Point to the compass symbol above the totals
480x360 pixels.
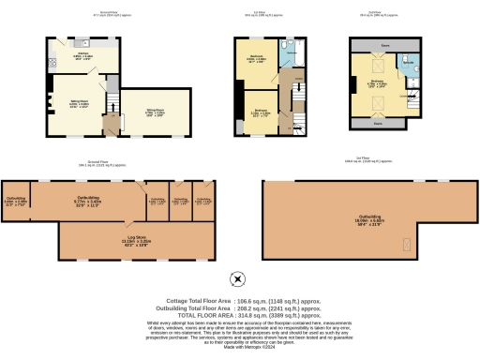click(238, 277)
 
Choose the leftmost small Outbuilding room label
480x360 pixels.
click(16, 199)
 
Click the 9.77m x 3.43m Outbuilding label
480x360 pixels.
click(88, 199)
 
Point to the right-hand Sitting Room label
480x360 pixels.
click(153, 112)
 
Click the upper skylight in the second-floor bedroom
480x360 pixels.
click(368, 65)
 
